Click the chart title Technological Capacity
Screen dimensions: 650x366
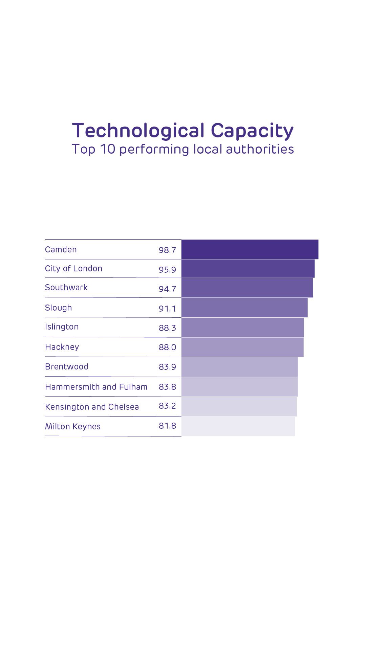(x=183, y=131)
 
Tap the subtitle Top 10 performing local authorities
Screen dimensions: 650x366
(x=183, y=149)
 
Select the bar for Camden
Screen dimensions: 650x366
(x=250, y=249)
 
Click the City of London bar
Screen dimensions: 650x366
(x=248, y=269)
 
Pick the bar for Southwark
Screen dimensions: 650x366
(x=247, y=288)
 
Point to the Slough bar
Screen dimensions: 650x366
(x=244, y=308)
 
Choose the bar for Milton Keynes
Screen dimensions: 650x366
(x=238, y=426)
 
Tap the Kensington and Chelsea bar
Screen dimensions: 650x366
(x=239, y=407)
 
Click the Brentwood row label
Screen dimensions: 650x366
(x=67, y=367)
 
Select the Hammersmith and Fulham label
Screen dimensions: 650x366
(x=96, y=387)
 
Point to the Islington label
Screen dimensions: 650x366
(x=62, y=327)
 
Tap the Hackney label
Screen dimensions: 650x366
(x=62, y=347)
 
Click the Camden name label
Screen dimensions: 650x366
(x=61, y=250)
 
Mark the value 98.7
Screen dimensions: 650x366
(x=167, y=250)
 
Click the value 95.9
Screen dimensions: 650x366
(x=167, y=270)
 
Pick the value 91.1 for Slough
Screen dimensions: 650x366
(x=167, y=309)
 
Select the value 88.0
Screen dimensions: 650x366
(x=167, y=348)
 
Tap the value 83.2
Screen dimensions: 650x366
(x=167, y=406)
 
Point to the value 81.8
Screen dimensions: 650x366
(x=167, y=426)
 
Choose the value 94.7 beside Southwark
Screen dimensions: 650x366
(x=167, y=289)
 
